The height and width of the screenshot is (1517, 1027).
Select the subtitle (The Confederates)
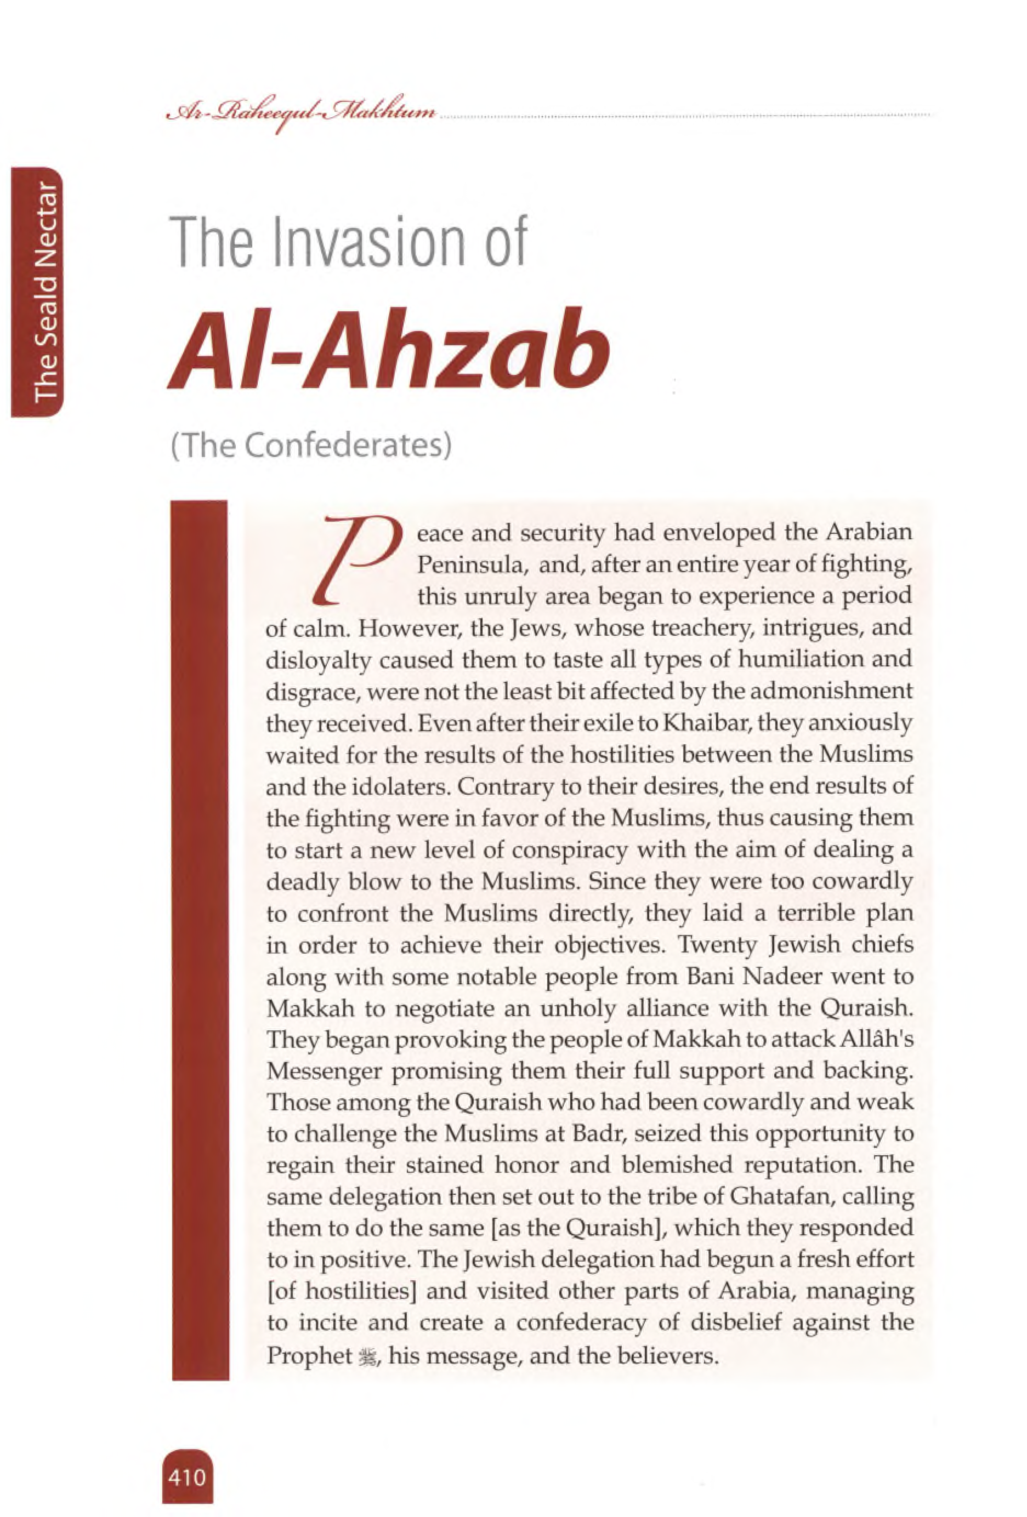pyautogui.click(x=311, y=445)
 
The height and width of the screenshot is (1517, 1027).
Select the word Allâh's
pyautogui.click(x=876, y=1039)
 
